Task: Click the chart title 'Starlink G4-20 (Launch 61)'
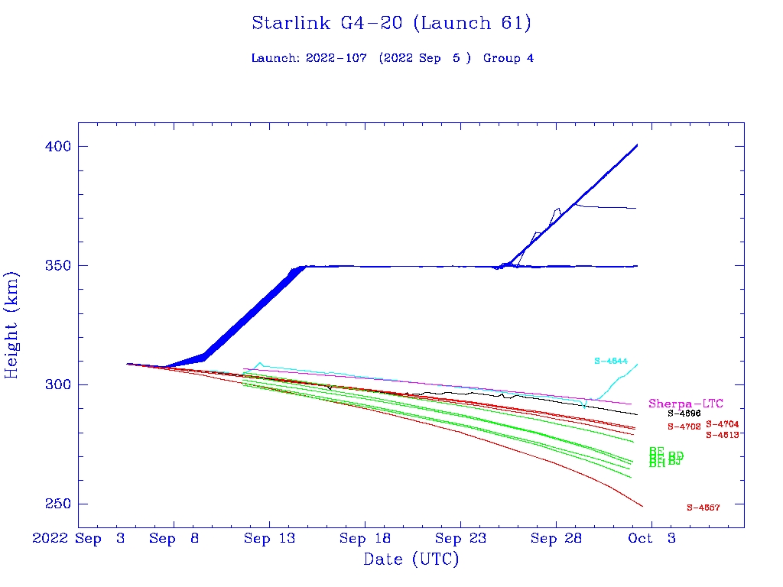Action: pyautogui.click(x=391, y=24)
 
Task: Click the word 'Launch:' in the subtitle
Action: pyautogui.click(x=273, y=58)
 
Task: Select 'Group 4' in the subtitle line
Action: pyautogui.click(x=508, y=58)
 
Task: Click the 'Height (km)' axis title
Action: pyautogui.click(x=12, y=325)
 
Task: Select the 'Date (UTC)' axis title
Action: pyautogui.click(x=411, y=559)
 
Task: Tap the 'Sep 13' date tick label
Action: pyautogui.click(x=269, y=539)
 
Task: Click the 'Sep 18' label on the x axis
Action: pyautogui.click(x=365, y=539)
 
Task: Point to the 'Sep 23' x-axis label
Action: pyautogui.click(x=460, y=539)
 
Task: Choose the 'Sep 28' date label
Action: pyautogui.click(x=556, y=539)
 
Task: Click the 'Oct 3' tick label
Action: pyautogui.click(x=651, y=539)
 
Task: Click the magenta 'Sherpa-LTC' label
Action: pyautogui.click(x=686, y=404)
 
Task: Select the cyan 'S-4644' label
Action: pyautogui.click(x=611, y=361)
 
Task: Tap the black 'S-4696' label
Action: pyautogui.click(x=684, y=413)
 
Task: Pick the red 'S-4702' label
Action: pyautogui.click(x=684, y=426)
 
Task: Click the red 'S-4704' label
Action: pyautogui.click(x=723, y=423)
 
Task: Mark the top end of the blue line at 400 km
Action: pyautogui.click(x=637, y=145)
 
